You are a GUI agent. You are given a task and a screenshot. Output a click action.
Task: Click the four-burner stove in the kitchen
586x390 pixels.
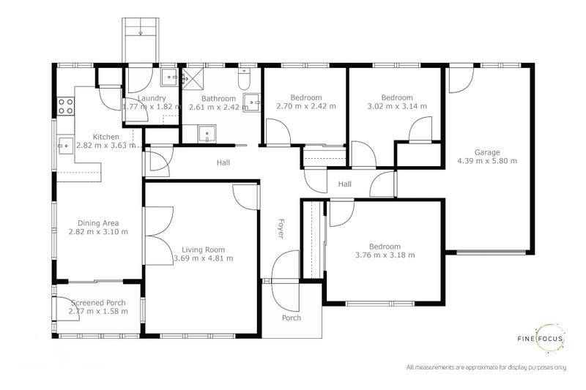[x=66, y=105]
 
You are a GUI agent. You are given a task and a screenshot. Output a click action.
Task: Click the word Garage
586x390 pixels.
[x=487, y=152]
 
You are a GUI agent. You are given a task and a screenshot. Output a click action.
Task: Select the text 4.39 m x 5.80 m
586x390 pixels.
[x=487, y=161]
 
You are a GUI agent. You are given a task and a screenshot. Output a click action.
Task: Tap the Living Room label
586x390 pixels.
[x=204, y=249]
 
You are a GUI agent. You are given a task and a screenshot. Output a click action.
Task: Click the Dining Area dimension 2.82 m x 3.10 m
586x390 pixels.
[x=98, y=232]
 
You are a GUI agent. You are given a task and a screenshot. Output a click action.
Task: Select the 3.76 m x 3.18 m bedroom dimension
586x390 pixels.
[x=385, y=255]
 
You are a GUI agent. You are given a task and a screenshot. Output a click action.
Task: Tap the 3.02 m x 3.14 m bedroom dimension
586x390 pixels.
[x=397, y=106]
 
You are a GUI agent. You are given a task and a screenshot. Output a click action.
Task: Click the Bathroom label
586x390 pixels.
[x=219, y=99]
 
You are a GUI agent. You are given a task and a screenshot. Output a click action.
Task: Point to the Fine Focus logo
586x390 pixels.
[x=546, y=338]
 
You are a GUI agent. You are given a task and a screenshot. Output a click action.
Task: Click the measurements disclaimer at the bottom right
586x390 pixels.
[x=486, y=367]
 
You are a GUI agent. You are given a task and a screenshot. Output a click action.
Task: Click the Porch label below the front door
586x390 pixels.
[x=292, y=318]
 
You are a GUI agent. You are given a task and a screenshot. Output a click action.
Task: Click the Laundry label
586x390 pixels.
[x=151, y=98]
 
